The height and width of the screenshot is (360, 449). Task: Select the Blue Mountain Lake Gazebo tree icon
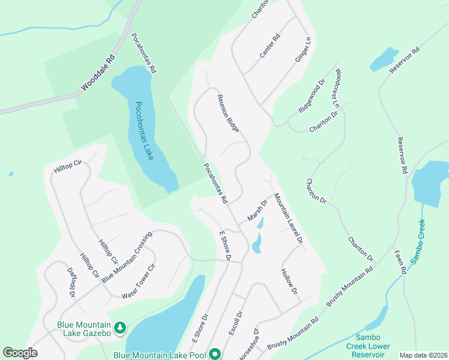[120, 328]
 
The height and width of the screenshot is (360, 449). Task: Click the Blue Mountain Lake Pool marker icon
[214, 355]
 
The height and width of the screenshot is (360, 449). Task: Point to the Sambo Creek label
[418, 242]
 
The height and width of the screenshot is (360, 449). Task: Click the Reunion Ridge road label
[228, 113]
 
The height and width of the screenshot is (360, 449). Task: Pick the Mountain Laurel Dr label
[289, 218]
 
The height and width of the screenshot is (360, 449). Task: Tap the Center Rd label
[270, 46]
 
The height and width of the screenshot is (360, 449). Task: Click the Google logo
[20, 353]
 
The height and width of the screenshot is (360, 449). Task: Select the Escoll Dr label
[238, 322]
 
